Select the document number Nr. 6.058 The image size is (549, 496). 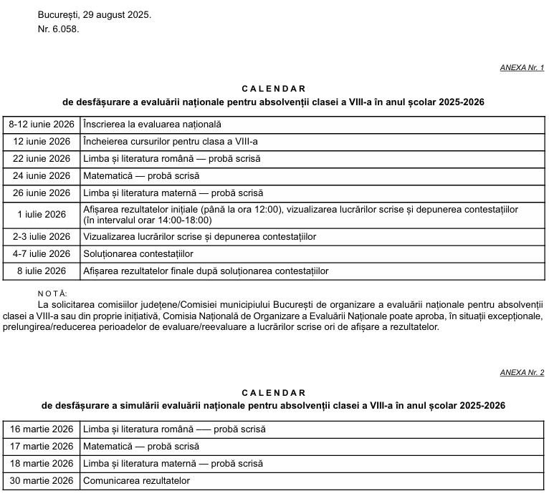click(58, 29)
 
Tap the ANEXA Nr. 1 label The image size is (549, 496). click(522, 68)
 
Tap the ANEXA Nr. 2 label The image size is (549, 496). click(522, 373)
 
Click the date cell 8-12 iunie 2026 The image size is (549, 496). click(42, 125)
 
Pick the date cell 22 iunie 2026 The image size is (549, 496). click(42, 159)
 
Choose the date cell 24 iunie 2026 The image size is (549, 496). click(42, 176)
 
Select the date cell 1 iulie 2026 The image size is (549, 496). click(42, 215)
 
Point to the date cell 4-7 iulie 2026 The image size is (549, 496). click(42, 254)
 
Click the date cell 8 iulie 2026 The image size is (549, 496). click(42, 271)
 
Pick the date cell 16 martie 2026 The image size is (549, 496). click(42, 429)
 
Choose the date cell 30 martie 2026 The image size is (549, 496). click(42, 480)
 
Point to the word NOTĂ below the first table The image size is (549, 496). click(52, 293)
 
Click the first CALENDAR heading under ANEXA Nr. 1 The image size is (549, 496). click(274, 89)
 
